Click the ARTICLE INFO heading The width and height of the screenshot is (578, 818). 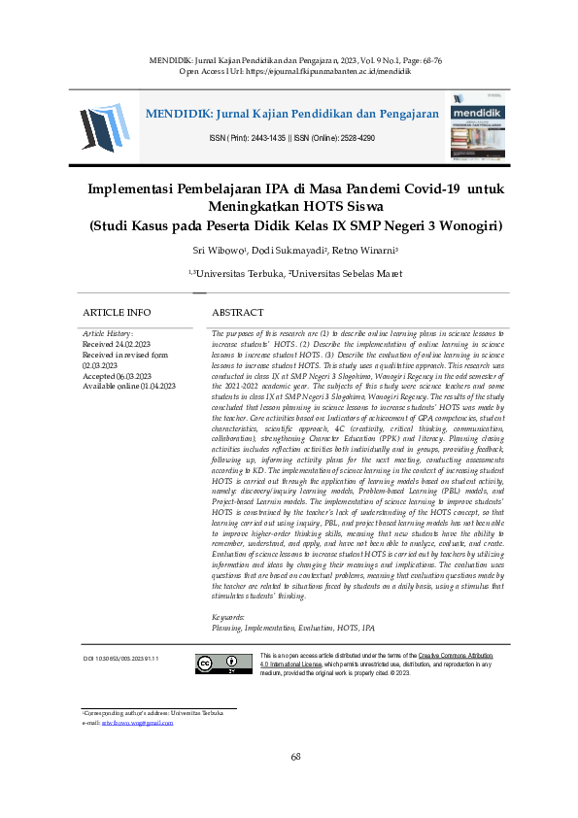(117, 313)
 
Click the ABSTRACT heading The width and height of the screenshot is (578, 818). (237, 313)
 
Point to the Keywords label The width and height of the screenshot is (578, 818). (228, 618)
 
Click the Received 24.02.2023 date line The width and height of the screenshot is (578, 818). (117, 344)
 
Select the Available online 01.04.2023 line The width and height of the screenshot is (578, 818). (129, 386)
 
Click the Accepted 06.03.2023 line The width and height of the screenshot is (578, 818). (117, 375)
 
